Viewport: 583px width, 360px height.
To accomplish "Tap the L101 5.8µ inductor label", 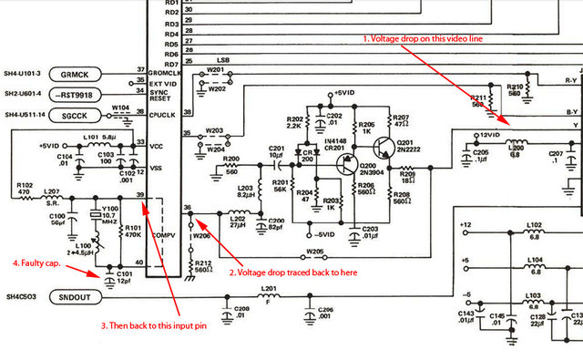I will click(x=97, y=138).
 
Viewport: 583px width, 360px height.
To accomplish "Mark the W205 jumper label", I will click(x=314, y=251).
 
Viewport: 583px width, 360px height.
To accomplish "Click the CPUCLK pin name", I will click(x=167, y=114).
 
